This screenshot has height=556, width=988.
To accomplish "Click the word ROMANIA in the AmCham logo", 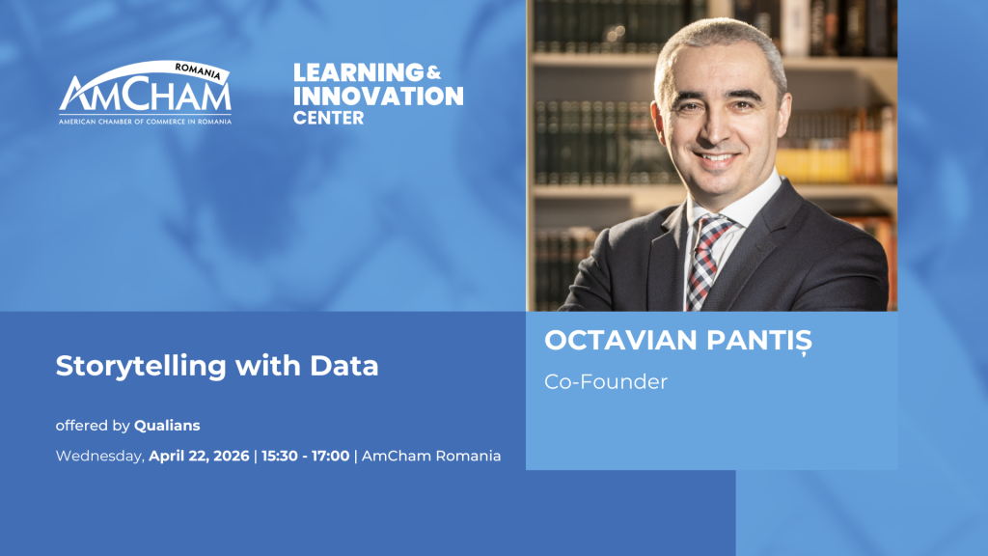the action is pos(197,71).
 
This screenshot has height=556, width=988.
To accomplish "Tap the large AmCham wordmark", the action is pos(145,94).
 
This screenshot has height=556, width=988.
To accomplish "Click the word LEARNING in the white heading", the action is pos(359,72).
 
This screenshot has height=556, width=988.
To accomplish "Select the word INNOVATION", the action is pos(378,96).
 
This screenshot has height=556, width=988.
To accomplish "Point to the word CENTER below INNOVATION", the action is pos(328,118).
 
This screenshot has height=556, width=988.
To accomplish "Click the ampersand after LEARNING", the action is pos(433,73).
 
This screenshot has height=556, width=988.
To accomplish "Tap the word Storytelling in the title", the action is pos(141,367).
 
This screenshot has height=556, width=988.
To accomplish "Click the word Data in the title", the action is pos(344,366).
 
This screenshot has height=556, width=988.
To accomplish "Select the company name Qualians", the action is pos(167,426).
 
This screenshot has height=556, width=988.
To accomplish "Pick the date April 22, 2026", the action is pos(199,457).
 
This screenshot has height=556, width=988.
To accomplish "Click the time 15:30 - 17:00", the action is pos(306,456).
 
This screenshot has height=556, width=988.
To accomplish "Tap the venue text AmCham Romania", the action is pos(431,456).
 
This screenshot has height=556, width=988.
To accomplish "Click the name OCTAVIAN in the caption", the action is pos(620,341).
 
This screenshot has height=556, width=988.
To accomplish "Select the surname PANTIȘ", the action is pos(759,342).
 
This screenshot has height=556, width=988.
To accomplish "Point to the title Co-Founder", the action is pos(606,382).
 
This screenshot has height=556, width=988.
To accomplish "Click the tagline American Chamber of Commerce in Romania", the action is pos(145,121).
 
